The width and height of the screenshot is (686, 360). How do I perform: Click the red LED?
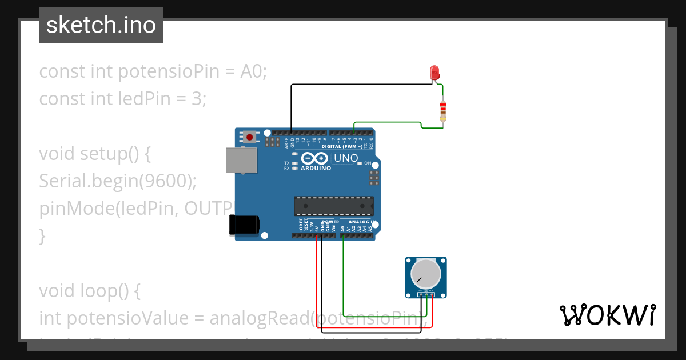(434, 73)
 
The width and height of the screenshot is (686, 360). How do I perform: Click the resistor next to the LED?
(443, 111)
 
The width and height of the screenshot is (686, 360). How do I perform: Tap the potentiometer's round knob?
(426, 274)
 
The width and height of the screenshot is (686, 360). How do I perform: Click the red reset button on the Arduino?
(250, 137)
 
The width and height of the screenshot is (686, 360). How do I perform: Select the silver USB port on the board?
(241, 160)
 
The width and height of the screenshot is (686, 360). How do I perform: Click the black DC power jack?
(243, 225)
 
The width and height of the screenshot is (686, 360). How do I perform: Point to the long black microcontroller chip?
(334, 206)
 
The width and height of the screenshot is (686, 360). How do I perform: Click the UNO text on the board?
(345, 158)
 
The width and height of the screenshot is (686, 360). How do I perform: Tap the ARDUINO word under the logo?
(316, 169)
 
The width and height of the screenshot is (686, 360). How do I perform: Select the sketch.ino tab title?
(101, 25)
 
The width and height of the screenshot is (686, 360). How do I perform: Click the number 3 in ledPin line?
(197, 99)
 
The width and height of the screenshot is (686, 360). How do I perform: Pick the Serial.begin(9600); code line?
(118, 181)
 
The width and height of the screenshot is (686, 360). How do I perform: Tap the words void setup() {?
(94, 154)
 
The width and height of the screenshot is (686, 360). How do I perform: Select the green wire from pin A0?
(342, 274)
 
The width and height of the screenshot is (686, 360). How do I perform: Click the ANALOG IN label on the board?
(362, 222)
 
